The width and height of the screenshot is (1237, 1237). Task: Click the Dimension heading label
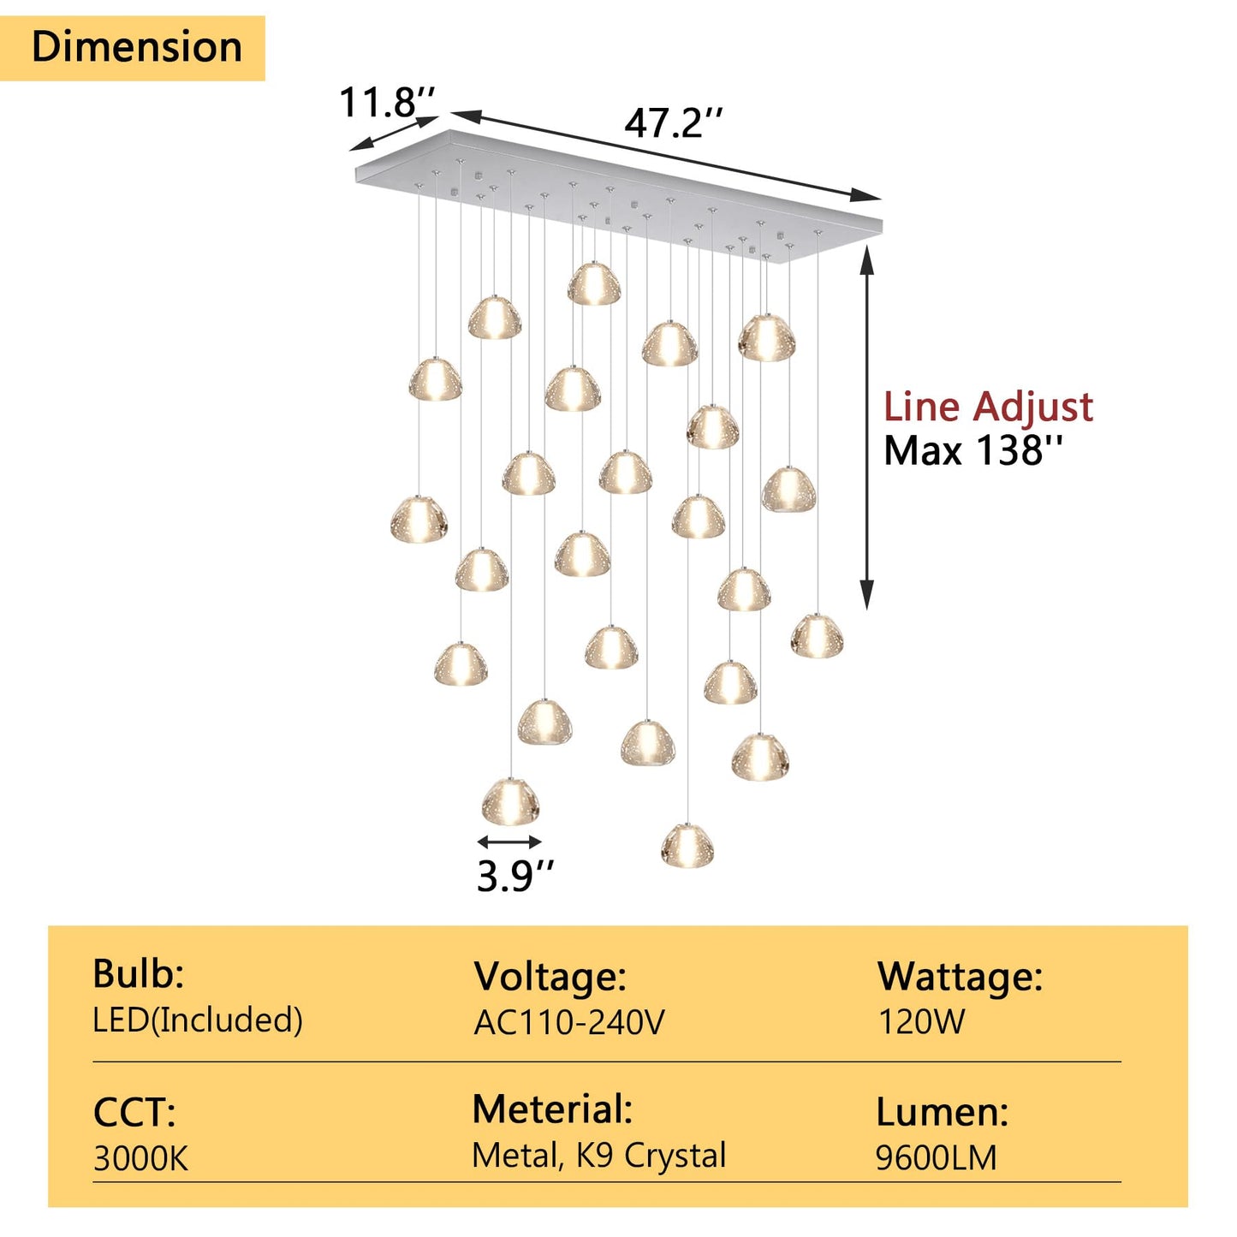click(x=137, y=47)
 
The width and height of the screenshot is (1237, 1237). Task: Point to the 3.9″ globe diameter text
click(x=514, y=877)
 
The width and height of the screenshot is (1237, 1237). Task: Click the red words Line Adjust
click(x=988, y=407)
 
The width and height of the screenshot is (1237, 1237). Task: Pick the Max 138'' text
click(x=973, y=450)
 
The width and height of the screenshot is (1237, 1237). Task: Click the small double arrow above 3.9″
click(x=509, y=842)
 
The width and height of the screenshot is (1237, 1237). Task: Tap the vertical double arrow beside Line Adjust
click(x=866, y=427)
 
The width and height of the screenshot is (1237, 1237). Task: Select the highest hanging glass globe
click(x=594, y=283)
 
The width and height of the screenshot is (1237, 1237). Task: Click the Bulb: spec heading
click(x=139, y=974)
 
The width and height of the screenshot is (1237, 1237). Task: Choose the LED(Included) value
click(x=198, y=1020)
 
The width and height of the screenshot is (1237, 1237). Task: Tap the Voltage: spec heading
click(x=550, y=977)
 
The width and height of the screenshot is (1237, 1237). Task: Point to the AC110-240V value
click(x=569, y=1022)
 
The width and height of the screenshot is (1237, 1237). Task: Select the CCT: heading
click(x=134, y=1113)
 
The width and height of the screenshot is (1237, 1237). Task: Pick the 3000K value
click(x=141, y=1159)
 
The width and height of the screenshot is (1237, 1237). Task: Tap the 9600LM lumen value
click(x=937, y=1157)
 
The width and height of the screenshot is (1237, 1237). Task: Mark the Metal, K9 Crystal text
click(x=599, y=1156)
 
